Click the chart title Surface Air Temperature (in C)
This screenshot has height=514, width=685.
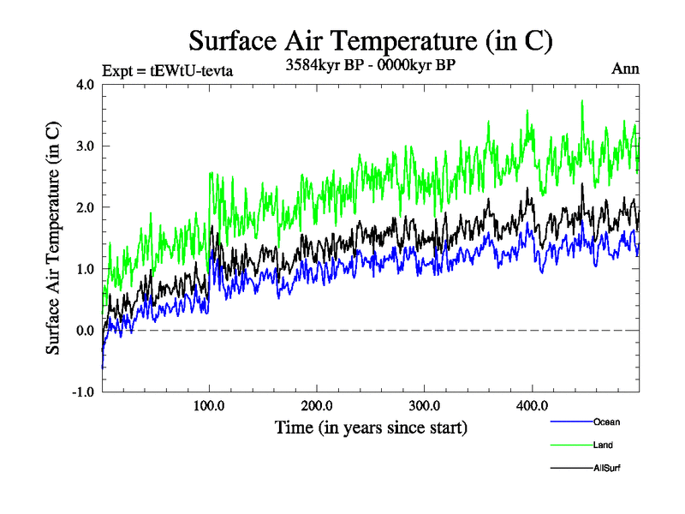(x=370, y=40)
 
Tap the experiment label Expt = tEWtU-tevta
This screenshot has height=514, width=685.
(x=167, y=71)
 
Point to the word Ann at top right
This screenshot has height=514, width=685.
(x=626, y=69)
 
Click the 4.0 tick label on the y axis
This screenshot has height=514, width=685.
(x=86, y=84)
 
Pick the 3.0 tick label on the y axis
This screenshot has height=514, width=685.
(x=86, y=146)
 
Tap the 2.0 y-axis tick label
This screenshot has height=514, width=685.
(x=86, y=207)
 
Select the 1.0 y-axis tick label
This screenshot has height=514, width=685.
(x=86, y=269)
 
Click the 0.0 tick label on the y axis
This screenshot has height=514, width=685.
(x=86, y=331)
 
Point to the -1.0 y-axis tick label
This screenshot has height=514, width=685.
(x=84, y=392)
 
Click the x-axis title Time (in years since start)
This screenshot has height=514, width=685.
(x=371, y=426)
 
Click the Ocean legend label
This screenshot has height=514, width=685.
(x=606, y=421)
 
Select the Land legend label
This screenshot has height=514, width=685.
(x=603, y=445)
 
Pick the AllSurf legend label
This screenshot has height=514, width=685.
(x=606, y=468)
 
